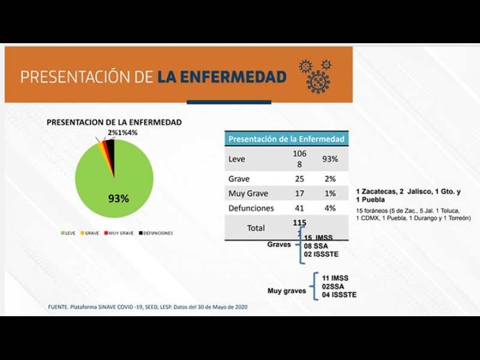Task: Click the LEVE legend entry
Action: [68, 233]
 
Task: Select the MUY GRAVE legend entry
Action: [119, 233]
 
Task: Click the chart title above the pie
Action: [114, 122]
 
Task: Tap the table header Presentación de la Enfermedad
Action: [286, 139]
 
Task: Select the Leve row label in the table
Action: [237, 159]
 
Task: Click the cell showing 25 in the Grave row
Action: [299, 179]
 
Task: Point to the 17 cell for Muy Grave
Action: [299, 193]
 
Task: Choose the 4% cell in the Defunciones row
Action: [330, 208]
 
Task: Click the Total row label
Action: [256, 228]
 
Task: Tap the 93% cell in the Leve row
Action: [330, 159]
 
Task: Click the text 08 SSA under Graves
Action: [316, 246]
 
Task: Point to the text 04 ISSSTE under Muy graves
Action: [339, 295]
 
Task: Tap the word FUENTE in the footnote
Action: [59, 307]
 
